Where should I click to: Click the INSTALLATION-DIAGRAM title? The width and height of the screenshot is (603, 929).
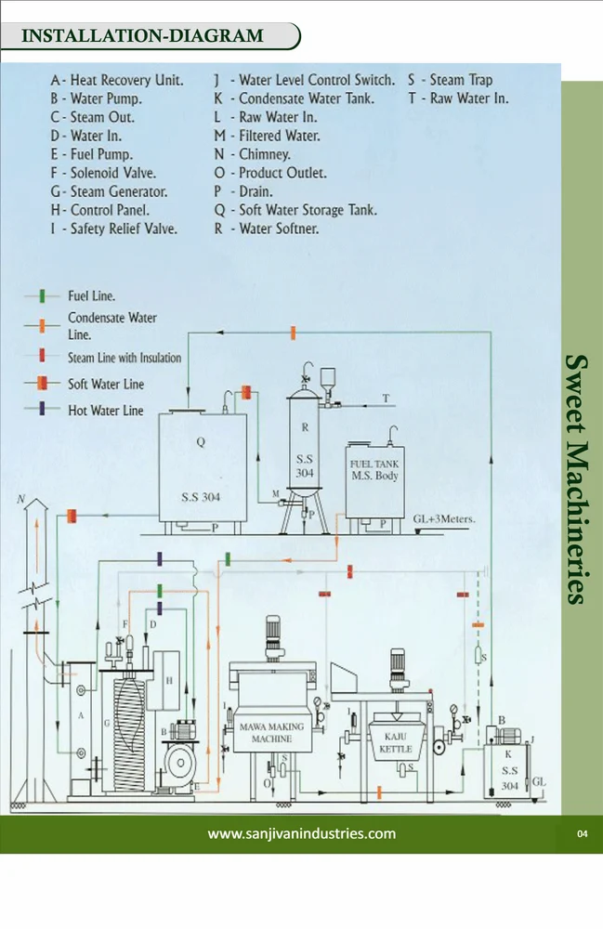click(142, 37)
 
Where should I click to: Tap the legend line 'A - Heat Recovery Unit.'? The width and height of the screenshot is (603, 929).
click(117, 81)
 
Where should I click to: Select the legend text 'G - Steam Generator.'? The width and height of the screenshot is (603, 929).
click(109, 191)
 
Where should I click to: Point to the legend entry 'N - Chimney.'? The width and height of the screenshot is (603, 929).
click(252, 154)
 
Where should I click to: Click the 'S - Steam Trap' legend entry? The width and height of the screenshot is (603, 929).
click(450, 81)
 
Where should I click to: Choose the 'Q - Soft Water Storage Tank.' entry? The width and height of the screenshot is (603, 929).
click(295, 210)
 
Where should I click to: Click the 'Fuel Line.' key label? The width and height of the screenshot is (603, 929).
click(91, 296)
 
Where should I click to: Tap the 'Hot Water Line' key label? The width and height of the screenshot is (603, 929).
click(105, 410)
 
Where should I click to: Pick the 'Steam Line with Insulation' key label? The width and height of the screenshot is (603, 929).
click(125, 358)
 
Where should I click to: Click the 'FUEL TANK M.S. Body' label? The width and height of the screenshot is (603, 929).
click(374, 469)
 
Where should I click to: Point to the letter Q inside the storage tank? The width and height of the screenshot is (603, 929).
click(200, 443)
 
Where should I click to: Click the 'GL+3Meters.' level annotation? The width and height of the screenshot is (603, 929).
click(444, 519)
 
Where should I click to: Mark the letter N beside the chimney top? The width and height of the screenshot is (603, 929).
click(20, 500)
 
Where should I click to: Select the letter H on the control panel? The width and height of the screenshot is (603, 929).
click(169, 681)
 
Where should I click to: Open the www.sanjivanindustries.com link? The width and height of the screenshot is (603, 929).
click(301, 833)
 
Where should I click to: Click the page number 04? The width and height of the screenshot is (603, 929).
click(583, 834)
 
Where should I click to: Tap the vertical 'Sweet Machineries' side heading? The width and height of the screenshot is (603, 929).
click(577, 478)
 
